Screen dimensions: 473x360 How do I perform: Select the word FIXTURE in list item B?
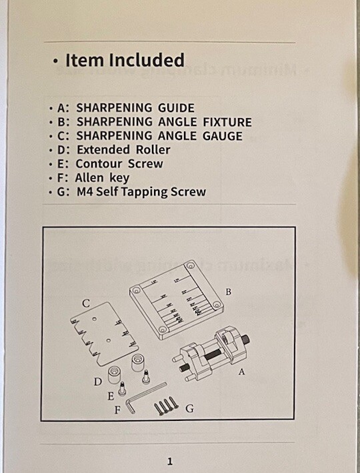pyautogui.click(x=224, y=122)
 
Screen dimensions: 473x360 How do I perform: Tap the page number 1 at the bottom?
pyautogui.click(x=170, y=461)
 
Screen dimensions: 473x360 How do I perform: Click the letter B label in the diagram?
pyautogui.click(x=227, y=292)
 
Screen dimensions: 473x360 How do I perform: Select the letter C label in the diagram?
pyautogui.click(x=86, y=304)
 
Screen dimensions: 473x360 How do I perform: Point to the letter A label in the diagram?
pyautogui.click(x=241, y=372)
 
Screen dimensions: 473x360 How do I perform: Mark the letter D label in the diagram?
pyautogui.click(x=97, y=382)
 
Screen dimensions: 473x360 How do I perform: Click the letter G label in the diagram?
pyautogui.click(x=189, y=408)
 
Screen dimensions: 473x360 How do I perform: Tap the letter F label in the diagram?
pyautogui.click(x=117, y=410)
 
